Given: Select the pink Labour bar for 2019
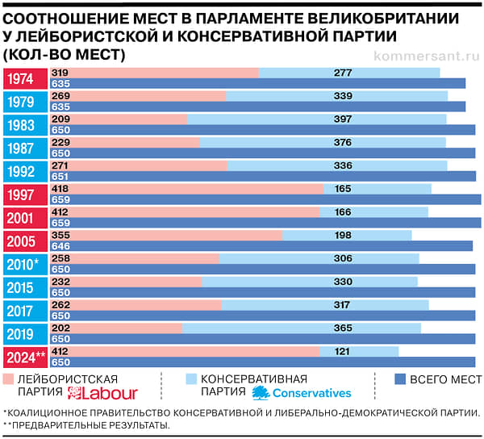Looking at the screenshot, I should click(x=121, y=328).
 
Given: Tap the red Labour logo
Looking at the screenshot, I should click(x=104, y=393).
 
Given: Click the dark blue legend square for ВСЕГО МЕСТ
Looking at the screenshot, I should click(x=399, y=378).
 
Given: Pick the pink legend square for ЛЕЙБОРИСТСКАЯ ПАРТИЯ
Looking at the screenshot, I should click(x=9, y=378).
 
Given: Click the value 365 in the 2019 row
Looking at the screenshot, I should click(x=343, y=328).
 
